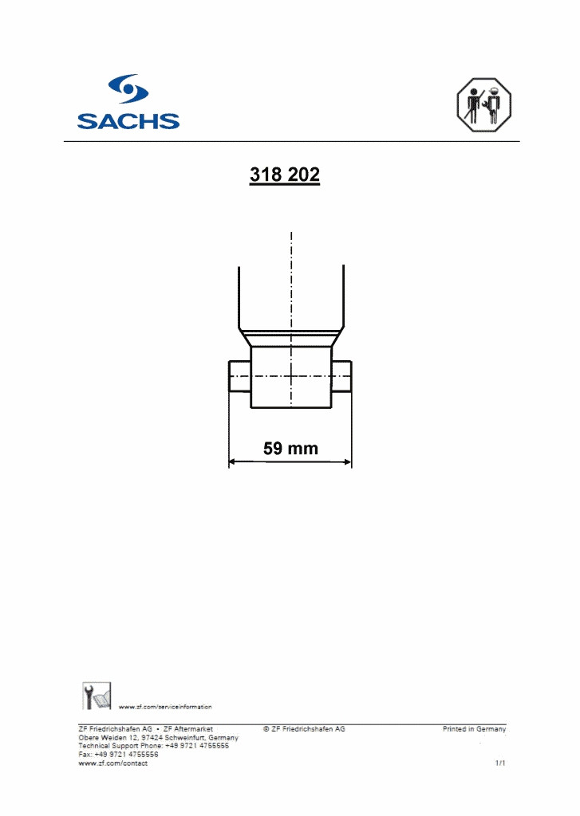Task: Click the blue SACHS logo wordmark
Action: [128, 121]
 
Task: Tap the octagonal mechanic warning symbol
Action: [483, 104]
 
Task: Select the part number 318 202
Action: [285, 175]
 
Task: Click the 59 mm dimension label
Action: [290, 449]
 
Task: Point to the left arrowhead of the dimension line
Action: [234, 461]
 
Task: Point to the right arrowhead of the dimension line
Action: [347, 461]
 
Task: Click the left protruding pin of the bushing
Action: [240, 376]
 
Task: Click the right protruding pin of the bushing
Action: [342, 376]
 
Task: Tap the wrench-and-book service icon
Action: [97, 695]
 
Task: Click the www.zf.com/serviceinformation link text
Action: [165, 707]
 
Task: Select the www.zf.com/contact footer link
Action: [112, 763]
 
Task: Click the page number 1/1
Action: [501, 763]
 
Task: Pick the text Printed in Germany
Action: [474, 729]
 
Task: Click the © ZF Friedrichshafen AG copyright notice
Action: [304, 729]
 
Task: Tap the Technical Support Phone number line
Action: [153, 746]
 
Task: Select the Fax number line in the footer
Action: [118, 755]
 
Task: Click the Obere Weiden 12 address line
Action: [158, 738]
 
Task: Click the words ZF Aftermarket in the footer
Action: [188, 729]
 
